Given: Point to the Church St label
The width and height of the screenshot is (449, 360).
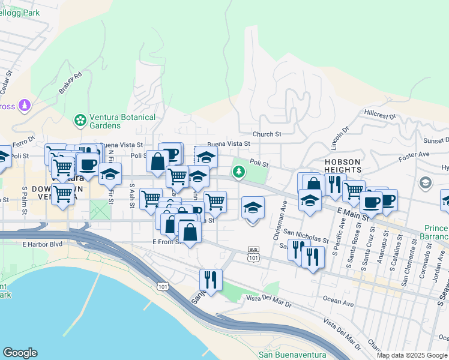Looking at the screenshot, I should tap(267, 134).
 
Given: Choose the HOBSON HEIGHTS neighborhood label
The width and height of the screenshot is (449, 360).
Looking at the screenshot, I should tap(343, 167).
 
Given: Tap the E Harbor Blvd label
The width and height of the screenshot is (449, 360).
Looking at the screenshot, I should tap(42, 244).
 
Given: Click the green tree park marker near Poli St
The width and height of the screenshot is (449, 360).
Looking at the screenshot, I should tap(240, 173).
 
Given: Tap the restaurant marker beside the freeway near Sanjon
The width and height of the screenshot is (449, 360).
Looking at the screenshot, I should tap(211, 279).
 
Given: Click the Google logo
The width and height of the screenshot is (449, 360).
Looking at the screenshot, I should tap(20, 353).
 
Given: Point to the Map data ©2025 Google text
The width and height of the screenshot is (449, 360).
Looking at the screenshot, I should tap(411, 355).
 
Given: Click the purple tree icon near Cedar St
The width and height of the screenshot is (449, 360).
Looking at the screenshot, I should tap(25, 106).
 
